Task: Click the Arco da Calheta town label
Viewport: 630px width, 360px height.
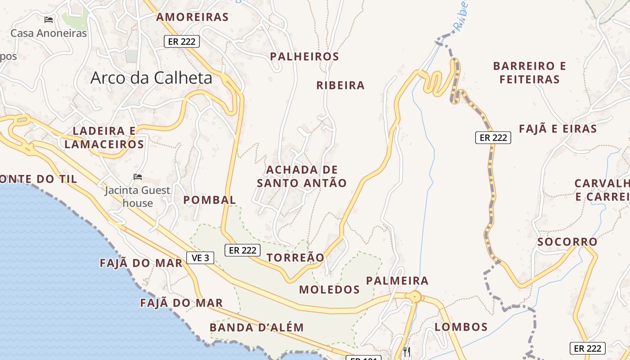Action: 151,78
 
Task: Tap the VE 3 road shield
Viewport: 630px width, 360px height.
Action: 200,258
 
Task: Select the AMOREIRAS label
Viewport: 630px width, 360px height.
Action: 192,17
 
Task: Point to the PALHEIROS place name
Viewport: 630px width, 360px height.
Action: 304,57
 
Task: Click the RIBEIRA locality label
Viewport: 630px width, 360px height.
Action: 340,85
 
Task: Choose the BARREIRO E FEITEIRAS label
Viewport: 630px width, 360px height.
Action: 529,72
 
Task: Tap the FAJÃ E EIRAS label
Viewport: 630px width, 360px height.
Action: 558,129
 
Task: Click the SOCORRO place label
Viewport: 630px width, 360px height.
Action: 567,242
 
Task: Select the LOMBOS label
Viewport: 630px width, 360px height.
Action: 461,327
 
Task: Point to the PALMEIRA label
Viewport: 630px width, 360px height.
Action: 397,281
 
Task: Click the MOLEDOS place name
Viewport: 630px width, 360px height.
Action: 329,289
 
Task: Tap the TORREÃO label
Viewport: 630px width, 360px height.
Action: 295,257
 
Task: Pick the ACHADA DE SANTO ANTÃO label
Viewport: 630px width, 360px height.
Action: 301,176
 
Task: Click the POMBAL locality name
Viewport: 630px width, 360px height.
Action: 209,200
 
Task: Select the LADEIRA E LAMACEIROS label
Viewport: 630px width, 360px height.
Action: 104,138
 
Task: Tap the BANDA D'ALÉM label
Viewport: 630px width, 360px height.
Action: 256,327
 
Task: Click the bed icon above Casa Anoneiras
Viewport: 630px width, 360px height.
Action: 49,20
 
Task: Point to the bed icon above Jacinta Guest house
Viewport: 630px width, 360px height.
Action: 138,177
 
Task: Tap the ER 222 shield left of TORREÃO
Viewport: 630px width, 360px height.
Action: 242,250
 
